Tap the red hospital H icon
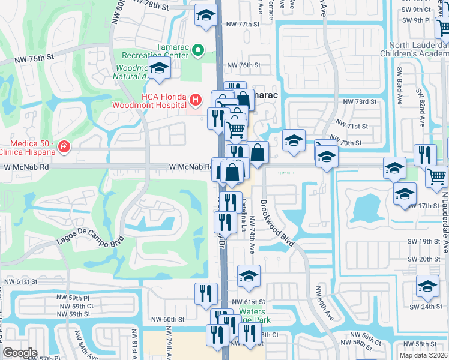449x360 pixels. [195, 98]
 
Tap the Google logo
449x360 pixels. [20, 353]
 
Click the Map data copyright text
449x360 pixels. [424, 355]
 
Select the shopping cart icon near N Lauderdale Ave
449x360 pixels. [436, 176]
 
